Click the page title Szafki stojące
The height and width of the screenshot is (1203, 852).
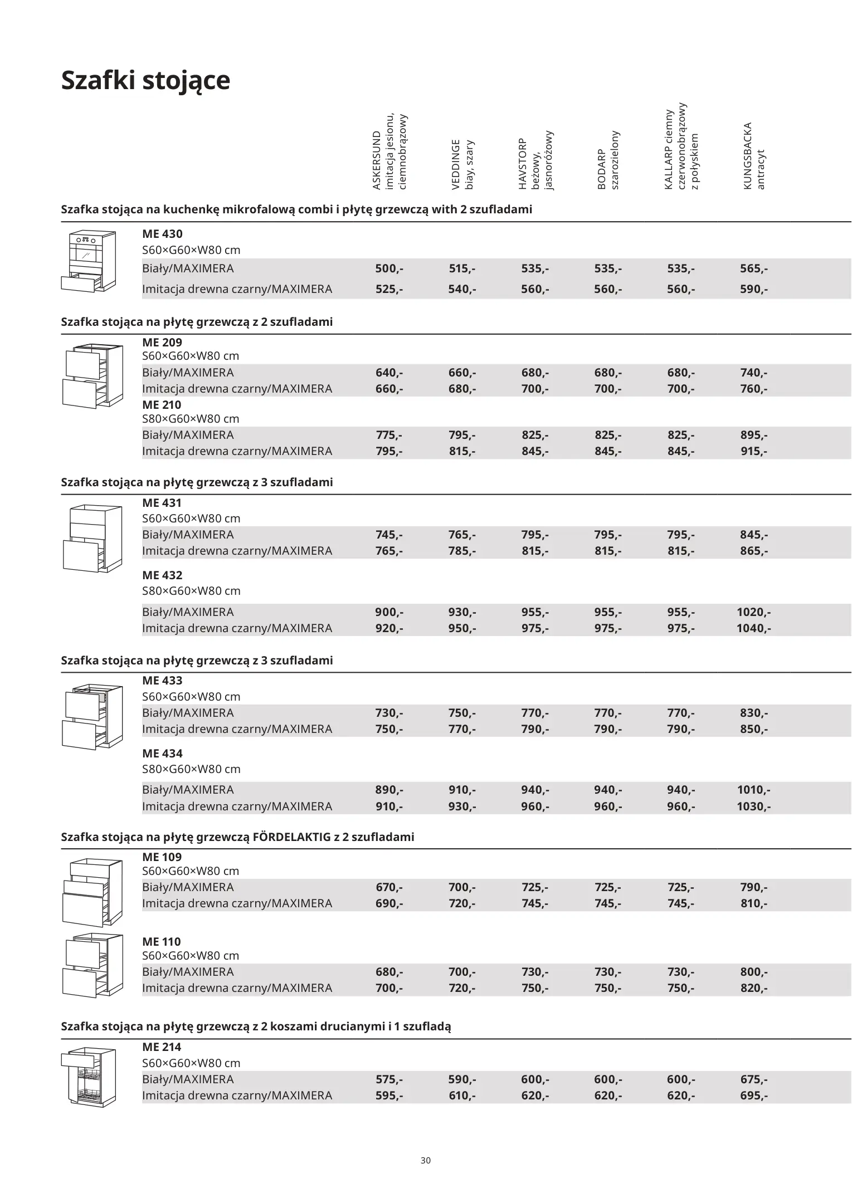145,80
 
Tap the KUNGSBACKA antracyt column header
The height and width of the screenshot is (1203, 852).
754,156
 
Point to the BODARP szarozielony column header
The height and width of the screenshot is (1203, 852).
608,160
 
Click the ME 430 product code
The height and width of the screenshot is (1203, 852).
162,234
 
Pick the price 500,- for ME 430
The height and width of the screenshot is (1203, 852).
389,268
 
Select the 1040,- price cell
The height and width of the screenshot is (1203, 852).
753,628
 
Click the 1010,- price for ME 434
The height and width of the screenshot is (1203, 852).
753,789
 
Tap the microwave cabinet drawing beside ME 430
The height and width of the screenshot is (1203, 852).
89,261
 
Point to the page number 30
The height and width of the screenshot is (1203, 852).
426,1161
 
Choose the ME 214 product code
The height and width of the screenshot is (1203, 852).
162,1046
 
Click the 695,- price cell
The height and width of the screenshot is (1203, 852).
753,1095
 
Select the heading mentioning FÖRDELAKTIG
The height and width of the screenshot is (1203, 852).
237,837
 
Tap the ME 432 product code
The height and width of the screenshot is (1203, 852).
162,575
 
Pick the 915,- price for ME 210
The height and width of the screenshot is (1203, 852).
753,451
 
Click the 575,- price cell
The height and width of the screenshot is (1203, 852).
389,1079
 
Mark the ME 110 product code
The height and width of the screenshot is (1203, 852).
162,941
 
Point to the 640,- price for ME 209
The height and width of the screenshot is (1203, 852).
389,373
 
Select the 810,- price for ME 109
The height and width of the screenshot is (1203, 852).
753,903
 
